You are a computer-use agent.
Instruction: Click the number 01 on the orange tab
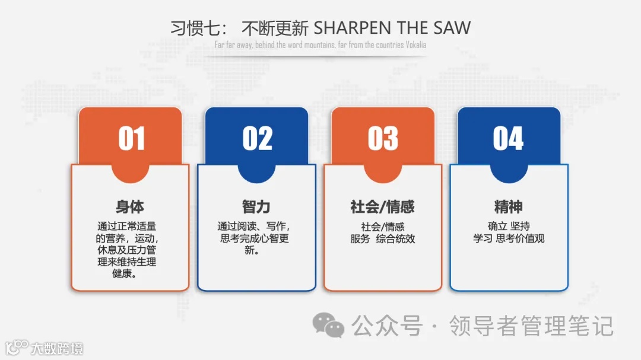131,139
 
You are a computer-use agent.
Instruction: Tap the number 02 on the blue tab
257,139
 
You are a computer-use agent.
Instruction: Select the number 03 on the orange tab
383,139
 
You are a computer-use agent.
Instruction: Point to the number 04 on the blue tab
509,139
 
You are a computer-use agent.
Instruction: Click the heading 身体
130,207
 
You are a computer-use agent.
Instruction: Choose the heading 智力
256,207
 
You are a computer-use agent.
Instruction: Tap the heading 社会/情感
383,207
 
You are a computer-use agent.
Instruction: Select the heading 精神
509,207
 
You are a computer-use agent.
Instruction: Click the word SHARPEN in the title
347,28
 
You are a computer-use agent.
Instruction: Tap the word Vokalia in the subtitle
416,45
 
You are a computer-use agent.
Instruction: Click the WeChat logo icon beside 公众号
328,325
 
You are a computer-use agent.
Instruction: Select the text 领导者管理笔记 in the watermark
531,326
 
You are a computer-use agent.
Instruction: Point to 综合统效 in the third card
395,239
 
